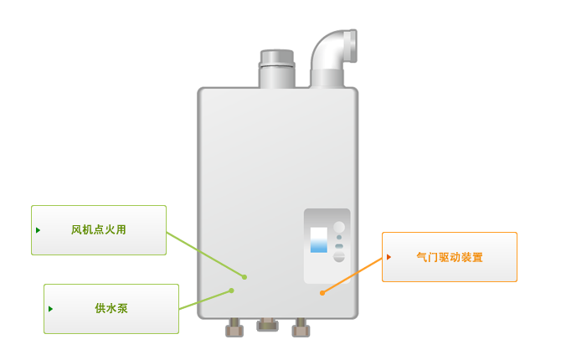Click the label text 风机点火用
tap(99, 229)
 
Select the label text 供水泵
tap(111, 308)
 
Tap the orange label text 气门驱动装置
tap(450, 257)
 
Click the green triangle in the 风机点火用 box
tap(38, 230)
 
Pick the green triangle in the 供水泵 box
tap(50, 309)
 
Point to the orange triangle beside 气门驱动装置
tap(389, 257)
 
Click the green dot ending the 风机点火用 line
tap(244, 277)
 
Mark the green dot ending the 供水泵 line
tap(231, 291)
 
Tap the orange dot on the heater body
tap(322, 293)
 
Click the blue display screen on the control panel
tap(318, 239)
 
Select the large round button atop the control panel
tap(339, 227)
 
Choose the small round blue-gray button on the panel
tap(339, 237)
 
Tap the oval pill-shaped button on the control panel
tap(339, 246)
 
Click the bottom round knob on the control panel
tap(339, 256)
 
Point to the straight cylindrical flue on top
tap(277, 69)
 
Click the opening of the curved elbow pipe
tap(353, 46)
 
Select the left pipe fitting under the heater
tap(234, 327)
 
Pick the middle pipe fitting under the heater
tap(267, 325)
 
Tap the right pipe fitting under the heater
tap(301, 327)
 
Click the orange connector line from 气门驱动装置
tap(353, 275)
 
